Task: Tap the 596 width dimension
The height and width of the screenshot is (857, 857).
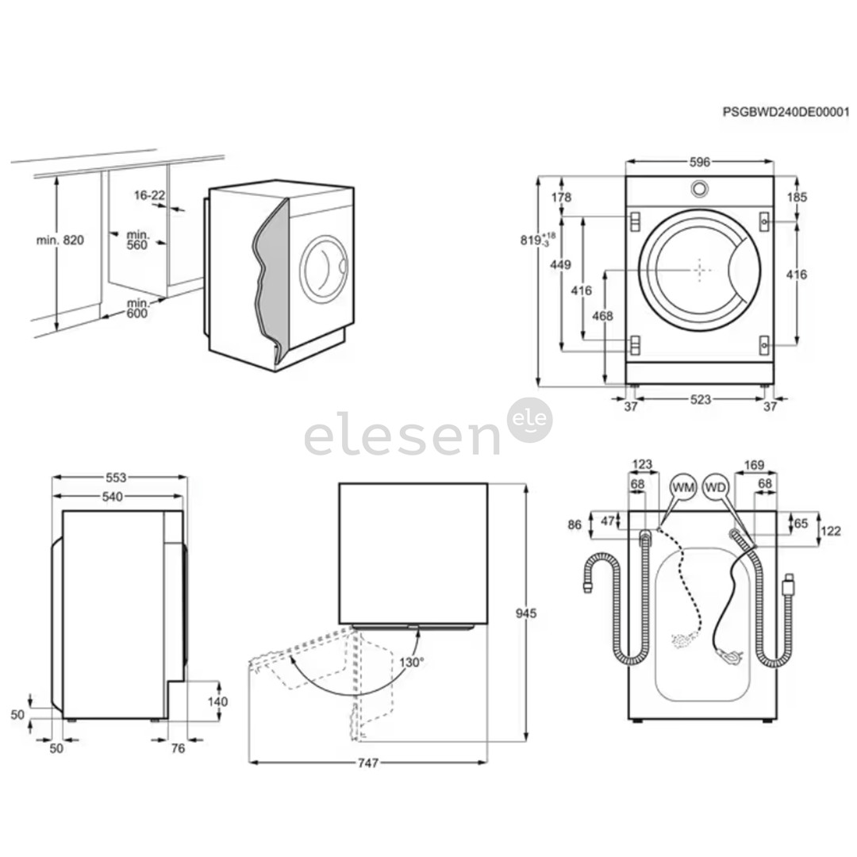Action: click(x=699, y=162)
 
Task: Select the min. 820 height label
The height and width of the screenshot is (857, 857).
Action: click(x=60, y=240)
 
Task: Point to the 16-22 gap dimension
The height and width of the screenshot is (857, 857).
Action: click(x=149, y=194)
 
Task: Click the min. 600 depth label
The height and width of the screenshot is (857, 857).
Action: click(x=138, y=309)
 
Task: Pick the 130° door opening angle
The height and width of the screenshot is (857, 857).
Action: click(x=412, y=660)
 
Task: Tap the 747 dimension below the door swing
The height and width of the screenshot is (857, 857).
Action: click(x=367, y=763)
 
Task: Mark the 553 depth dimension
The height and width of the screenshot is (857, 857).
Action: click(x=117, y=478)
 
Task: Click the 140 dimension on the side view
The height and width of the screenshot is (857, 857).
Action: click(x=217, y=701)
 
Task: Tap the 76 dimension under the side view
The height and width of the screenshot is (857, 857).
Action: click(x=177, y=748)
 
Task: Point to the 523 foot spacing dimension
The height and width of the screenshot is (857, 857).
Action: click(x=700, y=400)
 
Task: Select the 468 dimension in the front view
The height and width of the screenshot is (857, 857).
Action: click(x=602, y=316)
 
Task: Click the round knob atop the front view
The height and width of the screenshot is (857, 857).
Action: click(x=699, y=188)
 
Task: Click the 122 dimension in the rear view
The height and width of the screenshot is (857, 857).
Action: click(x=831, y=531)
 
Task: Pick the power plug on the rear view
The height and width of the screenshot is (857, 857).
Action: click(x=787, y=586)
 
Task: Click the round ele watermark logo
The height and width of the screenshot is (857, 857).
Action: click(x=529, y=420)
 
